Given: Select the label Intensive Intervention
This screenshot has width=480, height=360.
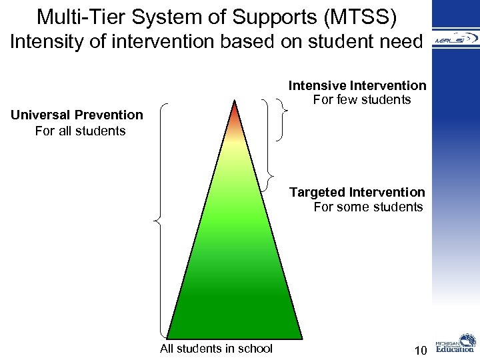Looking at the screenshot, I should click(x=357, y=85).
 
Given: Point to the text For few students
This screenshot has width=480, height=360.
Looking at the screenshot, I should click(x=362, y=100).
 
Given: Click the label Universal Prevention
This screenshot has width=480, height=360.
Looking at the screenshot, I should click(x=77, y=115).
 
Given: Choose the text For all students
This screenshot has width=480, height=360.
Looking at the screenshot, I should click(x=80, y=131).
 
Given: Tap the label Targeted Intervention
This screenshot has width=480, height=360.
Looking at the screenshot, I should click(x=357, y=192).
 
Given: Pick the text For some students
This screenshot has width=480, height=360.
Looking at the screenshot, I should click(x=368, y=207).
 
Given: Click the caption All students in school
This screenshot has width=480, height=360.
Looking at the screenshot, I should click(x=216, y=348).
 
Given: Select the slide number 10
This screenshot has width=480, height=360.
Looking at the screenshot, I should click(x=420, y=350).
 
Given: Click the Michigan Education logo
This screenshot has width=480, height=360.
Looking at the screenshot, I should click(x=455, y=345).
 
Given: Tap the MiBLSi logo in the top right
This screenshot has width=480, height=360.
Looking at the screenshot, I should click(x=455, y=40).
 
